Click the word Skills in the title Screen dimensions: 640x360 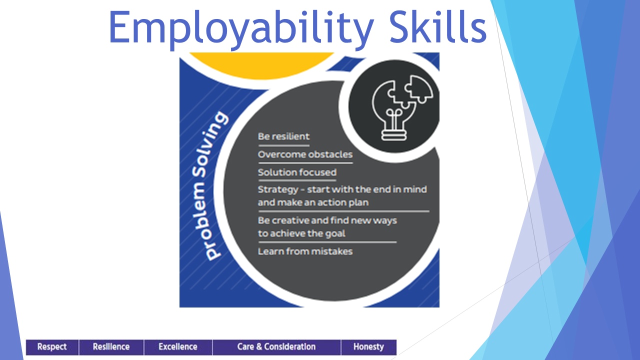click(438, 26)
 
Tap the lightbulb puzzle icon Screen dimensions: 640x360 click(402, 107)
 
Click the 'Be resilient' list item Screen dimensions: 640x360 click(283, 136)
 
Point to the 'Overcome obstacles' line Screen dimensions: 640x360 click(305, 154)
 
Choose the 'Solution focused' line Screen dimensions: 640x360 click(297, 172)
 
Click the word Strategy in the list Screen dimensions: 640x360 click(278, 189)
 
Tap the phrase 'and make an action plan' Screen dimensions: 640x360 click(313, 202)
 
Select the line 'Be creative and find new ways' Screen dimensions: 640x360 click(327, 220)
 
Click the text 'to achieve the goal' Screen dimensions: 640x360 click(301, 233)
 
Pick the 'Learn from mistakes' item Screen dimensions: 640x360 click(305, 251)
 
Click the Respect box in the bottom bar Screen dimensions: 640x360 click(52, 347)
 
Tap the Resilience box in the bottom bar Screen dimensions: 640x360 click(111, 347)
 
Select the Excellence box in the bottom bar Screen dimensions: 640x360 click(178, 347)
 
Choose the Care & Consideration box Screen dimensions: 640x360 click(276, 347)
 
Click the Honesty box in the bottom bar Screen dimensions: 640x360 click(368, 347)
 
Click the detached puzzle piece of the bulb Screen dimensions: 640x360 click(419, 88)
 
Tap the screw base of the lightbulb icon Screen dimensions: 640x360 click(394, 135)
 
